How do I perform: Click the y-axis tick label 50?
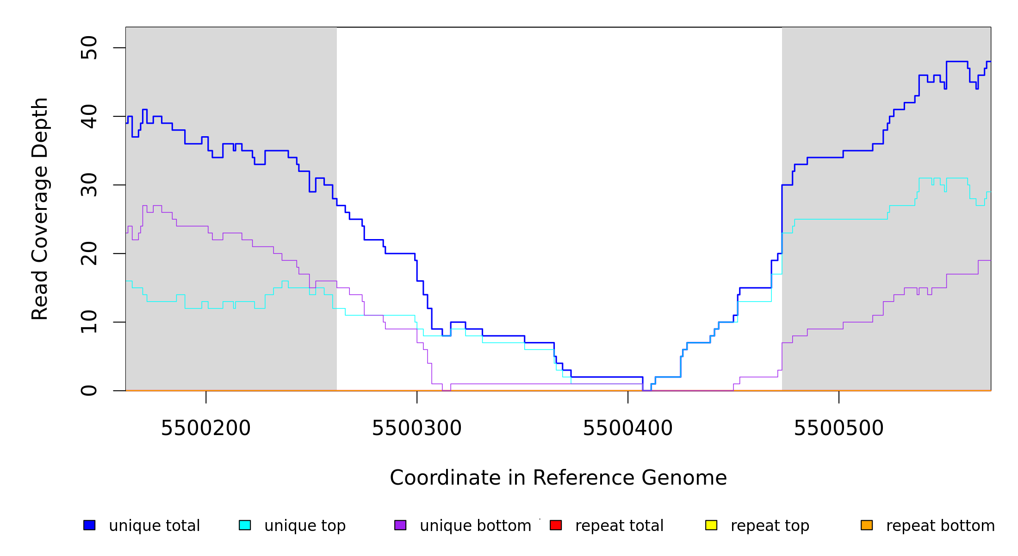(x=89, y=48)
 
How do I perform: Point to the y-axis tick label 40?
(x=89, y=116)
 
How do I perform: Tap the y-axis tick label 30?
(x=89, y=185)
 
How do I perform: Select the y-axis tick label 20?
(x=89, y=253)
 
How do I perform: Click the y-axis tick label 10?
(x=89, y=322)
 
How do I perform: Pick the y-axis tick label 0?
(x=89, y=391)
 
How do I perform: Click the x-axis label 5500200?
(x=205, y=429)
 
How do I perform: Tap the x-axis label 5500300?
(x=416, y=429)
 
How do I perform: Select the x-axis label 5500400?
(x=627, y=429)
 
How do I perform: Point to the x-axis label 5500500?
(x=838, y=429)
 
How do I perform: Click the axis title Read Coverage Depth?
(x=40, y=208)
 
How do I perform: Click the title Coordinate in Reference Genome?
(x=558, y=478)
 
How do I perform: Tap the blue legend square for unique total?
(x=89, y=525)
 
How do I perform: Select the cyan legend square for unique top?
(x=245, y=525)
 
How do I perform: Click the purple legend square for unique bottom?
(x=400, y=525)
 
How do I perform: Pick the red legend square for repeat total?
(x=556, y=525)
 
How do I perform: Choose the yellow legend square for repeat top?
(x=711, y=525)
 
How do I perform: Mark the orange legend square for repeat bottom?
(x=867, y=525)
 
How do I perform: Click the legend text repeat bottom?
(x=940, y=526)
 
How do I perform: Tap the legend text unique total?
(x=154, y=526)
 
